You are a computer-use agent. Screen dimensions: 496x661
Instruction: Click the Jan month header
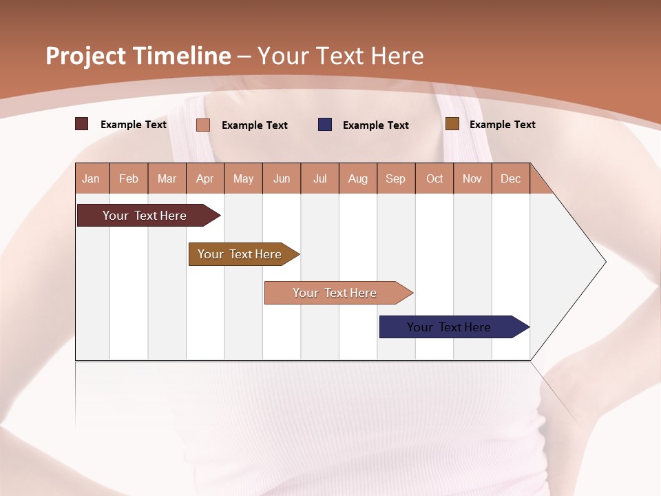[x=92, y=178]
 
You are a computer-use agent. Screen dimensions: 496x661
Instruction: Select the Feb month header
[x=129, y=178]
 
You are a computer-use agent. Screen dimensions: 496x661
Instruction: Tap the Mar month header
[x=167, y=178]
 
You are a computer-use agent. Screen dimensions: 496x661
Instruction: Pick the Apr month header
[x=205, y=178]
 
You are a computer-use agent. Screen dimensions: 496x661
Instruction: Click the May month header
[x=243, y=178]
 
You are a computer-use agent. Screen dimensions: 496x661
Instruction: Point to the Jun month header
[x=282, y=178]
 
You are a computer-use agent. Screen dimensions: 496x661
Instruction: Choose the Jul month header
[x=319, y=178]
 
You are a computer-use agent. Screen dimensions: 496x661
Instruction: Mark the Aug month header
[x=358, y=178]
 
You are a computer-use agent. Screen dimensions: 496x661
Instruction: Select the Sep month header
[x=396, y=178]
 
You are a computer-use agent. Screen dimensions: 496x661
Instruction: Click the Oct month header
[x=434, y=178]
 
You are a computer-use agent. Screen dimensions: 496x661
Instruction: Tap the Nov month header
[x=472, y=178]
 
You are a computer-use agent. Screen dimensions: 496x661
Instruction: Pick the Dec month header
[x=511, y=178]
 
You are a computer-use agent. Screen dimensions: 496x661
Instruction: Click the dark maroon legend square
[x=82, y=124]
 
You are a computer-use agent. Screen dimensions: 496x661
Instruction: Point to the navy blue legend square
[x=325, y=124]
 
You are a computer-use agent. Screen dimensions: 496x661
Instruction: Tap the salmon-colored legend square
[x=203, y=125]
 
